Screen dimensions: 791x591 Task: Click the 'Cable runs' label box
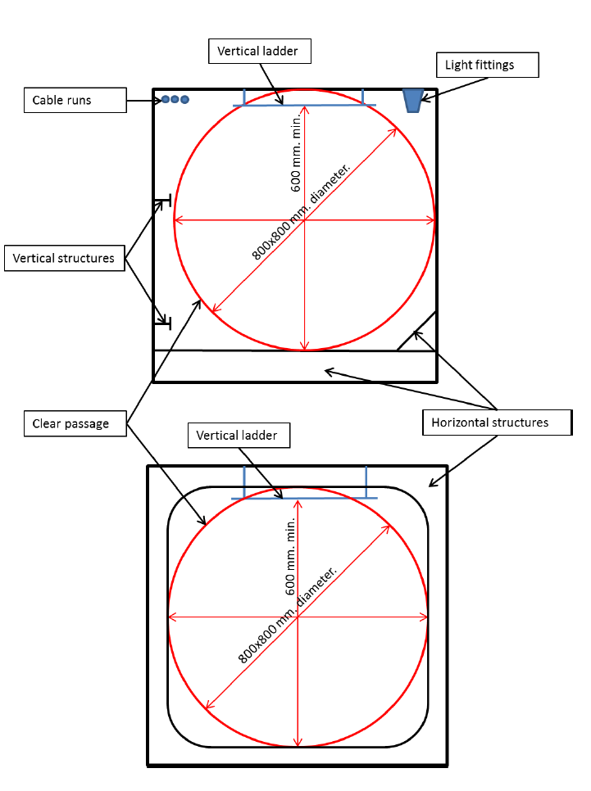[75, 101]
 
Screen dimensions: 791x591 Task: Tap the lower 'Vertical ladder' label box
[239, 435]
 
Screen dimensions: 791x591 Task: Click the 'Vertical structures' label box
[64, 259]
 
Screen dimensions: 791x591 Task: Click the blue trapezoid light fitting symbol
[412, 99]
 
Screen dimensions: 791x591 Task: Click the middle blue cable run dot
[175, 99]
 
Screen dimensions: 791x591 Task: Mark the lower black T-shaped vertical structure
[165, 323]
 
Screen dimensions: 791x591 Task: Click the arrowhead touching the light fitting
[425, 98]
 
